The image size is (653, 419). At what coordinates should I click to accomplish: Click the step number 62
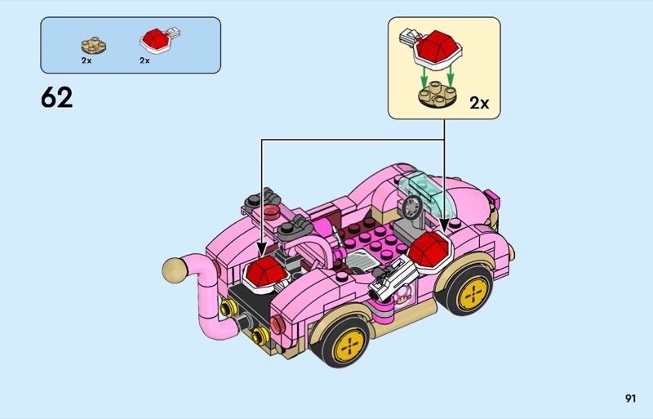pyautogui.click(x=56, y=98)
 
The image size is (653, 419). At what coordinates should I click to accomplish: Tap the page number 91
pyautogui.click(x=629, y=399)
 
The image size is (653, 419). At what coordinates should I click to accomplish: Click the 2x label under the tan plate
pyautogui.click(x=87, y=60)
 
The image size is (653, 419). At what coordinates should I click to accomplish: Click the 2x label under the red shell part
pyautogui.click(x=144, y=60)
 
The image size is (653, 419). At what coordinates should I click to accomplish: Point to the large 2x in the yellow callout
pyautogui.click(x=479, y=103)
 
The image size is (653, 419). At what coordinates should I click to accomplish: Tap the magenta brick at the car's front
pyautogui.click(x=493, y=198)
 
